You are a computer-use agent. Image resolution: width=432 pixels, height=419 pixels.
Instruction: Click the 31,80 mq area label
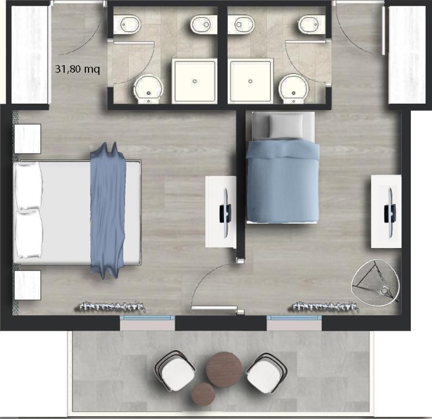[77, 69]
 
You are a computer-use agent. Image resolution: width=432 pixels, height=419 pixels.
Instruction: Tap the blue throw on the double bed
[108, 211]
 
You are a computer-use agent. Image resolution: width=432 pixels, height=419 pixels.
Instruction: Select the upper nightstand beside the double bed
[28, 138]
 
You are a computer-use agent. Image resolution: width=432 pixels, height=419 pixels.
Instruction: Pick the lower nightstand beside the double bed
[28, 285]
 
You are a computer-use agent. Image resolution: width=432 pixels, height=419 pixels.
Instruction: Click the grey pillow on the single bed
[286, 126]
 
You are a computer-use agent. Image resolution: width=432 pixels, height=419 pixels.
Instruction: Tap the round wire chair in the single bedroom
[375, 282]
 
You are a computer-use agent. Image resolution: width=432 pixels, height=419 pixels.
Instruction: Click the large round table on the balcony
[224, 370]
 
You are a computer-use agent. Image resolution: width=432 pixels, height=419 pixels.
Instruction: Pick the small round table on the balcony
[203, 394]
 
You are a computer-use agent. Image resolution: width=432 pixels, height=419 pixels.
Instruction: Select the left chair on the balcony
[175, 371]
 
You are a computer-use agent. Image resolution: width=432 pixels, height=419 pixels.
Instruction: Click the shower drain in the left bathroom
[195, 81]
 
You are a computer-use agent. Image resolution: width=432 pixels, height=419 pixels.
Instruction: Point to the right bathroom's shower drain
[250, 81]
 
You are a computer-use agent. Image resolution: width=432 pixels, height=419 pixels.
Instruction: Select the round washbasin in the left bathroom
[149, 89]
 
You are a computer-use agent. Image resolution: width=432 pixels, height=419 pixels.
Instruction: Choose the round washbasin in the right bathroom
[293, 89]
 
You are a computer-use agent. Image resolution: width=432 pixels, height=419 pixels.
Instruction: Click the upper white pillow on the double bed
[29, 186]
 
